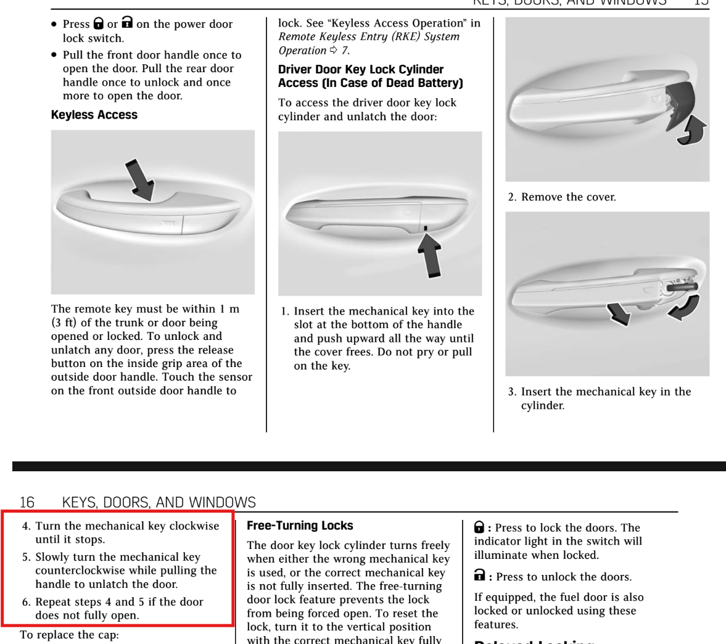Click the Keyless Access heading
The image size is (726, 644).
(x=94, y=115)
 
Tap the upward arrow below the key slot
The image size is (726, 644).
(x=430, y=255)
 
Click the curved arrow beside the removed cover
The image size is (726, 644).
(x=692, y=130)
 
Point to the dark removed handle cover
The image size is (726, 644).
(x=679, y=105)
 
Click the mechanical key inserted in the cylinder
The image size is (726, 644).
(x=682, y=287)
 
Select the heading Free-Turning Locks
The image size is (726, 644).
(x=300, y=526)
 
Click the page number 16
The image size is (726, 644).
(x=27, y=502)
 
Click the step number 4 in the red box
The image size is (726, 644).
(x=26, y=526)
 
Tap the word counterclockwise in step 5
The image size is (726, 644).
(x=80, y=571)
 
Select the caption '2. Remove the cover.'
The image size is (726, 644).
(x=561, y=197)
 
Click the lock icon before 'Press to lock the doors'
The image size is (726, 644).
(x=479, y=527)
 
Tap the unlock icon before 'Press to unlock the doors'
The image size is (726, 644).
(x=479, y=576)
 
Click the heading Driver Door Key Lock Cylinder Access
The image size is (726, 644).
(x=370, y=76)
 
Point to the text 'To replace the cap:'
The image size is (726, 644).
(x=69, y=635)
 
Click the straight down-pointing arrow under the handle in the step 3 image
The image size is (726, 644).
(x=619, y=313)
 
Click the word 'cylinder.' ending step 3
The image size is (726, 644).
(x=542, y=406)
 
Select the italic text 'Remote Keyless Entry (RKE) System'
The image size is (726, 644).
(x=369, y=37)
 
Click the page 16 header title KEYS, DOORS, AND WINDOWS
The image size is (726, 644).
(x=159, y=502)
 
